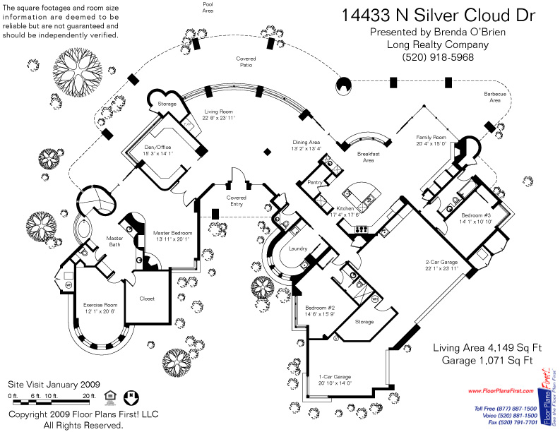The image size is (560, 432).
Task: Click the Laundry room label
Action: (297, 248)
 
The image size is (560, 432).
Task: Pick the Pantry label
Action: (315, 182)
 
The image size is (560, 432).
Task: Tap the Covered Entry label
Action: (236, 201)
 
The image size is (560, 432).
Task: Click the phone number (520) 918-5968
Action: (438, 57)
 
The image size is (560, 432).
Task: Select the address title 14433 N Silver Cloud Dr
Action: (438, 16)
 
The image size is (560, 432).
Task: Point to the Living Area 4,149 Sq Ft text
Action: (482, 348)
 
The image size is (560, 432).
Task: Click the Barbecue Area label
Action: (492, 97)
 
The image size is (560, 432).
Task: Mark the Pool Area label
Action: (208, 8)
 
